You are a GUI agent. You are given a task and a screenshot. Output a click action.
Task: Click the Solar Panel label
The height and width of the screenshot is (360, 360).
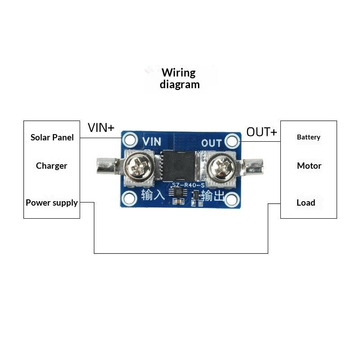point(52,137)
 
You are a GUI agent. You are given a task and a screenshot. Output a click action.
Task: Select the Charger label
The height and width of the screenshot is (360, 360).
point(52,166)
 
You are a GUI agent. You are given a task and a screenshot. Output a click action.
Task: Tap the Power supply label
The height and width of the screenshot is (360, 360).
point(52,203)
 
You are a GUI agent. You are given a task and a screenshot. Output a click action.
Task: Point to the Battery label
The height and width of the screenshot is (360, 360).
point(309,137)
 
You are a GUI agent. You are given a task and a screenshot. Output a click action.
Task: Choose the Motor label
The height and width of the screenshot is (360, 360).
point(309,166)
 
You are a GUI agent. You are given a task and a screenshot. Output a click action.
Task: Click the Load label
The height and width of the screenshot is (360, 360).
point(306,203)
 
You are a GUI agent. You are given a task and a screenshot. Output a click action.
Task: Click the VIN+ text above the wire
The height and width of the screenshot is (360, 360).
point(101,128)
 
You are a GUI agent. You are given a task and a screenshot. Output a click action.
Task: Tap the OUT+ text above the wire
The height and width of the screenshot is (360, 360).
point(262,132)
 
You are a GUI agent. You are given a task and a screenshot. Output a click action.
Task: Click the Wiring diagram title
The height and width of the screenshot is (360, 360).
point(180,78)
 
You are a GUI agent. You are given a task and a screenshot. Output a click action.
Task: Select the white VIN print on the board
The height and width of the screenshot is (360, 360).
point(152,141)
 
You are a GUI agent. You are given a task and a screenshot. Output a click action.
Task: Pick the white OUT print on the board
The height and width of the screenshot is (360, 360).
point(211,143)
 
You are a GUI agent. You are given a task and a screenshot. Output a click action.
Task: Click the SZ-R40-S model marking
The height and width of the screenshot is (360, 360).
point(188,185)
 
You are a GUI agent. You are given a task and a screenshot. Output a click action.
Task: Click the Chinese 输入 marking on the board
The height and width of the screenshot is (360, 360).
point(153,195)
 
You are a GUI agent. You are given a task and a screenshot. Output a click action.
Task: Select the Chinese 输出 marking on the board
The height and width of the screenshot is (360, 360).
point(213,196)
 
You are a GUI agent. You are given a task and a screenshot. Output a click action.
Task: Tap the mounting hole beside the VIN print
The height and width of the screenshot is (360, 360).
point(130,139)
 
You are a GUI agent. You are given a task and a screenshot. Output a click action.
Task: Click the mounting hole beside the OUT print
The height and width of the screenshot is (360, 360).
point(232,141)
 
